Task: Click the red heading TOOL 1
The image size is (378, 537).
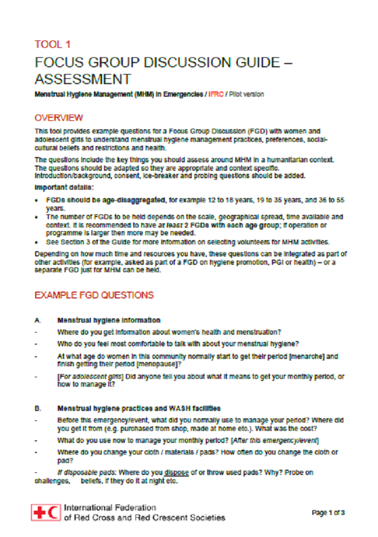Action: click(52, 44)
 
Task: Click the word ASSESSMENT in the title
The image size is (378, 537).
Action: click(82, 79)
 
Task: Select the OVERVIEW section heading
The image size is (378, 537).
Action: click(58, 117)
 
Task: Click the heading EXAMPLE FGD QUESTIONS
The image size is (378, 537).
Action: click(94, 295)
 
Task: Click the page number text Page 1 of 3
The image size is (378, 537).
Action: click(329, 512)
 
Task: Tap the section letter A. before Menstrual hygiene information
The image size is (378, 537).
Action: click(37, 320)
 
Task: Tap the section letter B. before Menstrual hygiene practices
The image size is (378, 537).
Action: click(37, 408)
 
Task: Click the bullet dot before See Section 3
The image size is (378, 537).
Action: click(37, 242)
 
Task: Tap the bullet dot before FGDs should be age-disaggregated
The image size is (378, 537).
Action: click(37, 200)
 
